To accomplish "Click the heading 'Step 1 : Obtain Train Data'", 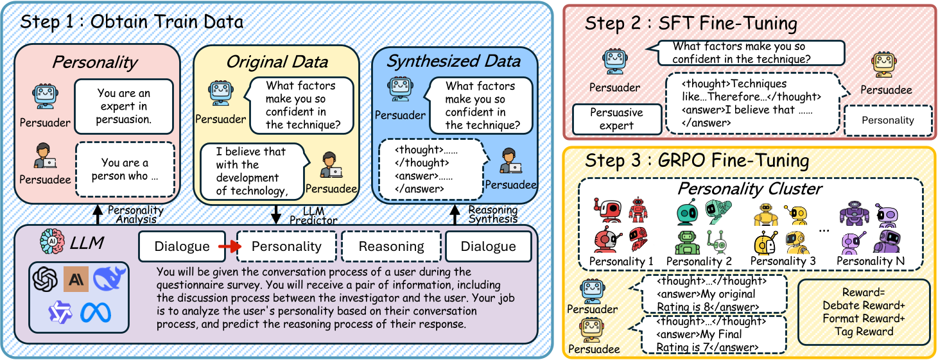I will tap(132, 21).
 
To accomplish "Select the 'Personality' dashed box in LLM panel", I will tap(286, 246).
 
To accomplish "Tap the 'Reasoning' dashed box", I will tap(391, 246).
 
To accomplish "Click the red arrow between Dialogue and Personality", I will tap(229, 246).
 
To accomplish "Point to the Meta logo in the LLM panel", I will tap(96, 313).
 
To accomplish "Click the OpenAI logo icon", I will tap(46, 279).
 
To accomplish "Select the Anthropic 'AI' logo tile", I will tap(76, 279).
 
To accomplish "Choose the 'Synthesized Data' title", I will tap(453, 62).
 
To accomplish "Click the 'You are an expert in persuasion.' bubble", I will tap(124, 107).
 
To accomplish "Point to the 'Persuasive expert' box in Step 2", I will tap(616, 119).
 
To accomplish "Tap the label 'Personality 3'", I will tap(783, 261).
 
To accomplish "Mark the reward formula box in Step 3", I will tap(864, 312).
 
